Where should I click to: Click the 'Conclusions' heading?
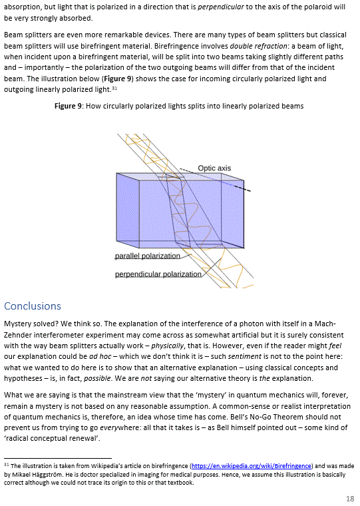point(32,306)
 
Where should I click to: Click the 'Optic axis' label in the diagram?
point(214,168)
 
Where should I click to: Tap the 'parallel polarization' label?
point(148,256)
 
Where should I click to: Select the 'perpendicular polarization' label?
point(158,274)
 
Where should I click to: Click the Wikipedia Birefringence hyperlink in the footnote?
point(252,466)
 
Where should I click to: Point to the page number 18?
point(350,499)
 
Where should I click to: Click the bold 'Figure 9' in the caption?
point(69,106)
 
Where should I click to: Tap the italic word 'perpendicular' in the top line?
point(221,7)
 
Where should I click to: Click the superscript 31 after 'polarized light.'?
point(114,88)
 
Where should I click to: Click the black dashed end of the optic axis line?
point(250,191)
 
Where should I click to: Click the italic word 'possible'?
point(97,378)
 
